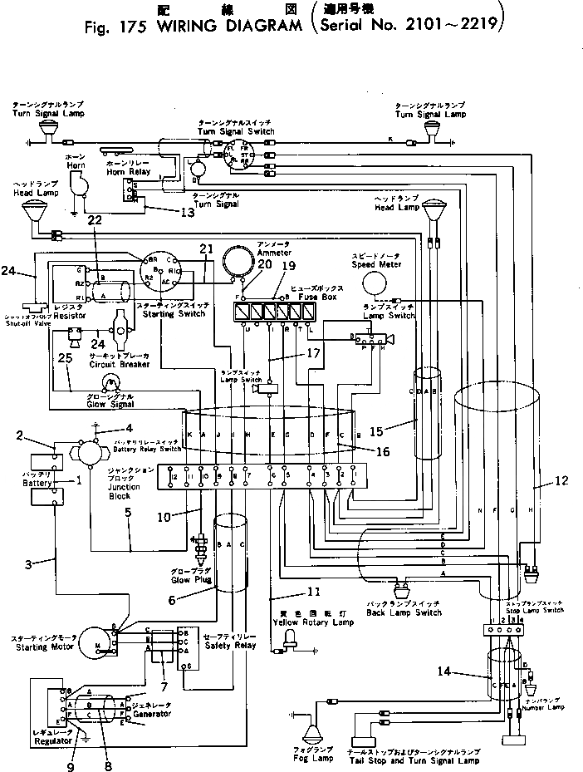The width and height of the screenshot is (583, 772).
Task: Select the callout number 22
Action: coord(95,220)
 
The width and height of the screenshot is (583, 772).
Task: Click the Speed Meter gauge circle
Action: coord(375,287)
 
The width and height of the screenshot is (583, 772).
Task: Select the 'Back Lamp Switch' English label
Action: coord(404,612)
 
